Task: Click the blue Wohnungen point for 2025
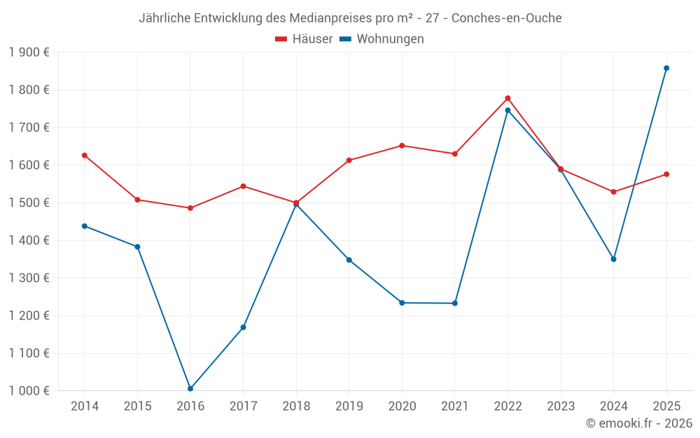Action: pos(666,68)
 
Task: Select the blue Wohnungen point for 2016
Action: pos(190,388)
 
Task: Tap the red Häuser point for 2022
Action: pos(507,98)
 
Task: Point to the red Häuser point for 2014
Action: pos(85,156)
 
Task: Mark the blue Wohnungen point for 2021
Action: pos(455,303)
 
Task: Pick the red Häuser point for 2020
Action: pos(402,146)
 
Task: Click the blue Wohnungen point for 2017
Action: pos(243,327)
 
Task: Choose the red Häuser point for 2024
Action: pos(614,192)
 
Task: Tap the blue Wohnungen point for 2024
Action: pos(614,259)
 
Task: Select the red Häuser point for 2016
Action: pos(190,208)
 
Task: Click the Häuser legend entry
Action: pos(304,39)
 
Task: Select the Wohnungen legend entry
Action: pos(382,39)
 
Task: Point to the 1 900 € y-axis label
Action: pos(29,53)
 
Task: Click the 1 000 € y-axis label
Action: pos(29,391)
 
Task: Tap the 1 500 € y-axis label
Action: pos(29,203)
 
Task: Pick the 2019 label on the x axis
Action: pos(349,406)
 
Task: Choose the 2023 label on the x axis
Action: pos(561,406)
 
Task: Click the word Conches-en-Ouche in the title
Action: pos(506,18)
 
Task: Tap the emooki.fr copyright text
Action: pos(638,423)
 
